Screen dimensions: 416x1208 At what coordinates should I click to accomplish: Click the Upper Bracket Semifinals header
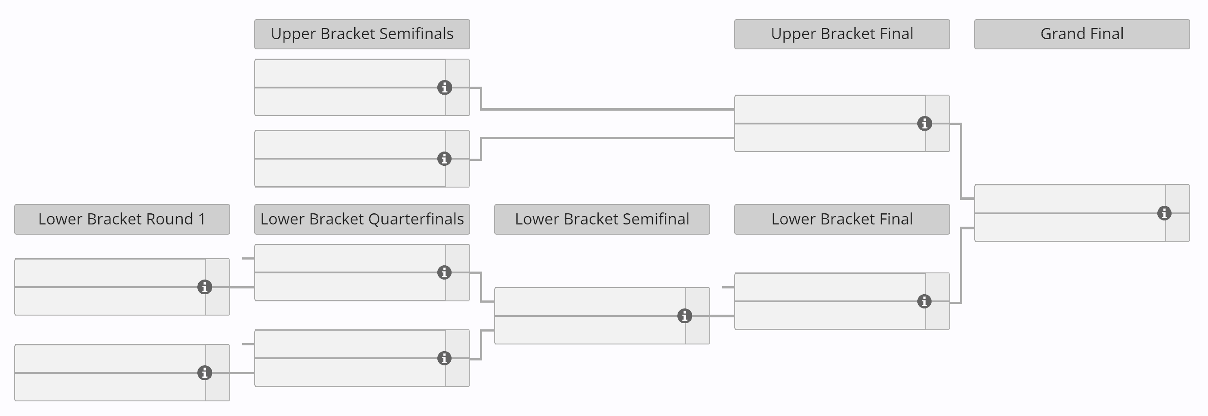tap(362, 34)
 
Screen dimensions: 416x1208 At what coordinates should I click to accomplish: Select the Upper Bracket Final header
tap(842, 34)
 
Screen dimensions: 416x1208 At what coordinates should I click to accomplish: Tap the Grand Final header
tap(1082, 34)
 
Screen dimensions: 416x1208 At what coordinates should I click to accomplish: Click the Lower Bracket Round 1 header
tap(122, 219)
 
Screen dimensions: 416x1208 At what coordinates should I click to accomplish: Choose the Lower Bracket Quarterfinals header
tap(362, 219)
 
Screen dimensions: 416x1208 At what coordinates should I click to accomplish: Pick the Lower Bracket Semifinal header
tap(602, 219)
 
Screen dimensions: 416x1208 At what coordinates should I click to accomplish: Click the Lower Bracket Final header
tap(842, 219)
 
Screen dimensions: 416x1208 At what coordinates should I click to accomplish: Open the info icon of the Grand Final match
tap(1164, 213)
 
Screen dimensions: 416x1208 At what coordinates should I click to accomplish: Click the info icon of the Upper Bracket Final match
tap(924, 124)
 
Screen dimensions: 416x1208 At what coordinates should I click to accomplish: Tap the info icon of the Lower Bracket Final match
tap(924, 301)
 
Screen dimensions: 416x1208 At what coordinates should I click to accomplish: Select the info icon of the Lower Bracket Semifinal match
tap(684, 316)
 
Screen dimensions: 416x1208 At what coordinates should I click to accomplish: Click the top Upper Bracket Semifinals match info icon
tap(444, 87)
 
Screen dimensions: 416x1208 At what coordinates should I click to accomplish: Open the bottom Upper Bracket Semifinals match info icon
tap(444, 159)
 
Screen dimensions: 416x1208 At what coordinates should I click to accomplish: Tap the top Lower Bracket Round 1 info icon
tap(204, 287)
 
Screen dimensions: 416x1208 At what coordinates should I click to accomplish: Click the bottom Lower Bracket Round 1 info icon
tap(204, 373)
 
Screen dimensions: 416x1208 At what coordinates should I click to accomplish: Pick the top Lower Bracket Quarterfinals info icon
tap(444, 272)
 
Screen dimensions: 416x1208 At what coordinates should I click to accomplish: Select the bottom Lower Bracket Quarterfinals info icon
tap(444, 358)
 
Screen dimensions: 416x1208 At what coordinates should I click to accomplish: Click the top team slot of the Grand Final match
tap(1069, 199)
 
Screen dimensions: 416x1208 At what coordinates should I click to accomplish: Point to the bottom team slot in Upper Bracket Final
tap(829, 138)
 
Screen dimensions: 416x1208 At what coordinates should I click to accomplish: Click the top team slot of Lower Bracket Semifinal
tap(589, 302)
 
